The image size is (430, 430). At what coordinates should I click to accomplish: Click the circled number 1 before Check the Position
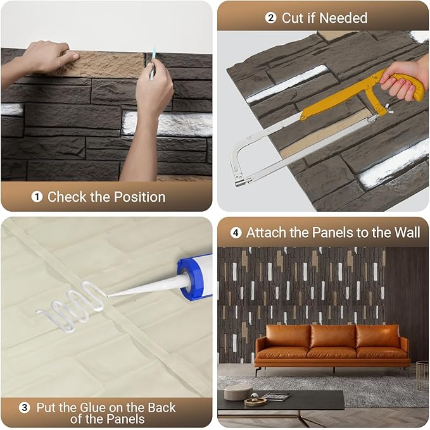point(37,197)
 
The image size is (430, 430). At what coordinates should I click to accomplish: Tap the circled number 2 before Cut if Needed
point(271,18)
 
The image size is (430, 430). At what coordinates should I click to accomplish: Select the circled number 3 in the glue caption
point(25,408)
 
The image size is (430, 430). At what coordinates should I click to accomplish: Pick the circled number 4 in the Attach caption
point(236,233)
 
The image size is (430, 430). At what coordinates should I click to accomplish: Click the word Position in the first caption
point(137,197)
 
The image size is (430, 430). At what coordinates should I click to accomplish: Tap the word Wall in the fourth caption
point(406,233)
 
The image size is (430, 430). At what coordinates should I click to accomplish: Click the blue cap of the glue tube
point(196,276)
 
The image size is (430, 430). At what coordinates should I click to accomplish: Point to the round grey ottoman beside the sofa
point(238,391)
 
